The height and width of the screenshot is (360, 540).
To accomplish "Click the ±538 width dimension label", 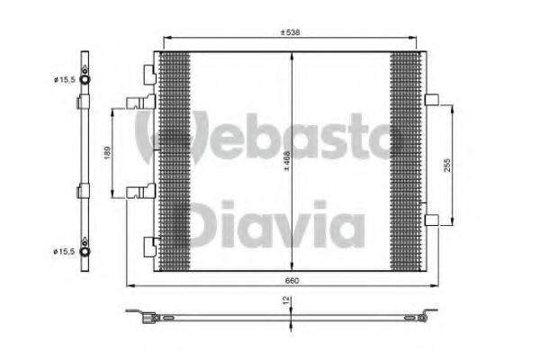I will point(289,33).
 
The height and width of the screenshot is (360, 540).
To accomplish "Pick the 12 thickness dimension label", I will point(287,306).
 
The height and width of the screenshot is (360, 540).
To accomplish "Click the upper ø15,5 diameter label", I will point(64,80).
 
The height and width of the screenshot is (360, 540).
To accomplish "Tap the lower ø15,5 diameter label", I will point(64,251).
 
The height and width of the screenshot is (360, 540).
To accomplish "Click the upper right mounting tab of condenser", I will point(430,100).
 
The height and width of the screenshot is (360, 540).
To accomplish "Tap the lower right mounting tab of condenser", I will point(430,220).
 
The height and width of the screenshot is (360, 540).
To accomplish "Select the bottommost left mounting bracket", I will point(148,242).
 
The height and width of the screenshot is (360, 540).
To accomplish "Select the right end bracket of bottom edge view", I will point(425,316).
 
